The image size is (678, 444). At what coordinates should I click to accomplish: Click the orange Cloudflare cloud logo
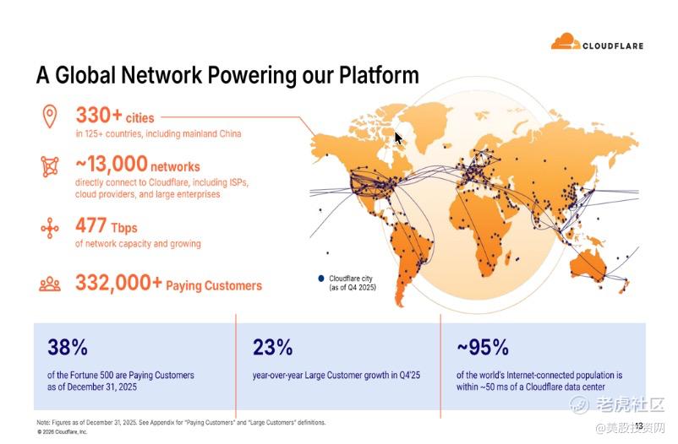(x=566, y=41)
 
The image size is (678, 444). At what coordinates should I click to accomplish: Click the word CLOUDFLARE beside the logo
(x=613, y=46)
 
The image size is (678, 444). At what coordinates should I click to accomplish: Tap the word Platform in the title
(x=379, y=76)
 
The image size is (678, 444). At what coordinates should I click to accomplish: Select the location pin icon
(x=50, y=116)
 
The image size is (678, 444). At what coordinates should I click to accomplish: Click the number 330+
(x=99, y=116)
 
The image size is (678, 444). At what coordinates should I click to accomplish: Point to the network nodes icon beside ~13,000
(x=50, y=166)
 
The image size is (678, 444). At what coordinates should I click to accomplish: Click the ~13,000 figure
(x=112, y=164)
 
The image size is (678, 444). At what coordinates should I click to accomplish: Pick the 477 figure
(x=90, y=225)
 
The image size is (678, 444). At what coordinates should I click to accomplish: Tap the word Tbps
(x=124, y=228)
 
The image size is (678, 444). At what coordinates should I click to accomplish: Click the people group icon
(x=50, y=284)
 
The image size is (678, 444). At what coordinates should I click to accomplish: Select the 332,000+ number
(x=119, y=283)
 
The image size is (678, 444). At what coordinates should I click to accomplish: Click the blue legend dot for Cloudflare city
(x=321, y=279)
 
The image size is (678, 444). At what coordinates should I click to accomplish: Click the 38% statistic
(x=68, y=347)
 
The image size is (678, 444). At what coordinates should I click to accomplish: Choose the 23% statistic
(x=272, y=347)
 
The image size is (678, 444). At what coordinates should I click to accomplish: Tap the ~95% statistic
(x=483, y=347)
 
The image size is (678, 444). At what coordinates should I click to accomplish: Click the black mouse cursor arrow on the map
(x=398, y=138)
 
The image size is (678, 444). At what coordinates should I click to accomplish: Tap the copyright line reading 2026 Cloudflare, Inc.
(x=63, y=431)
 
